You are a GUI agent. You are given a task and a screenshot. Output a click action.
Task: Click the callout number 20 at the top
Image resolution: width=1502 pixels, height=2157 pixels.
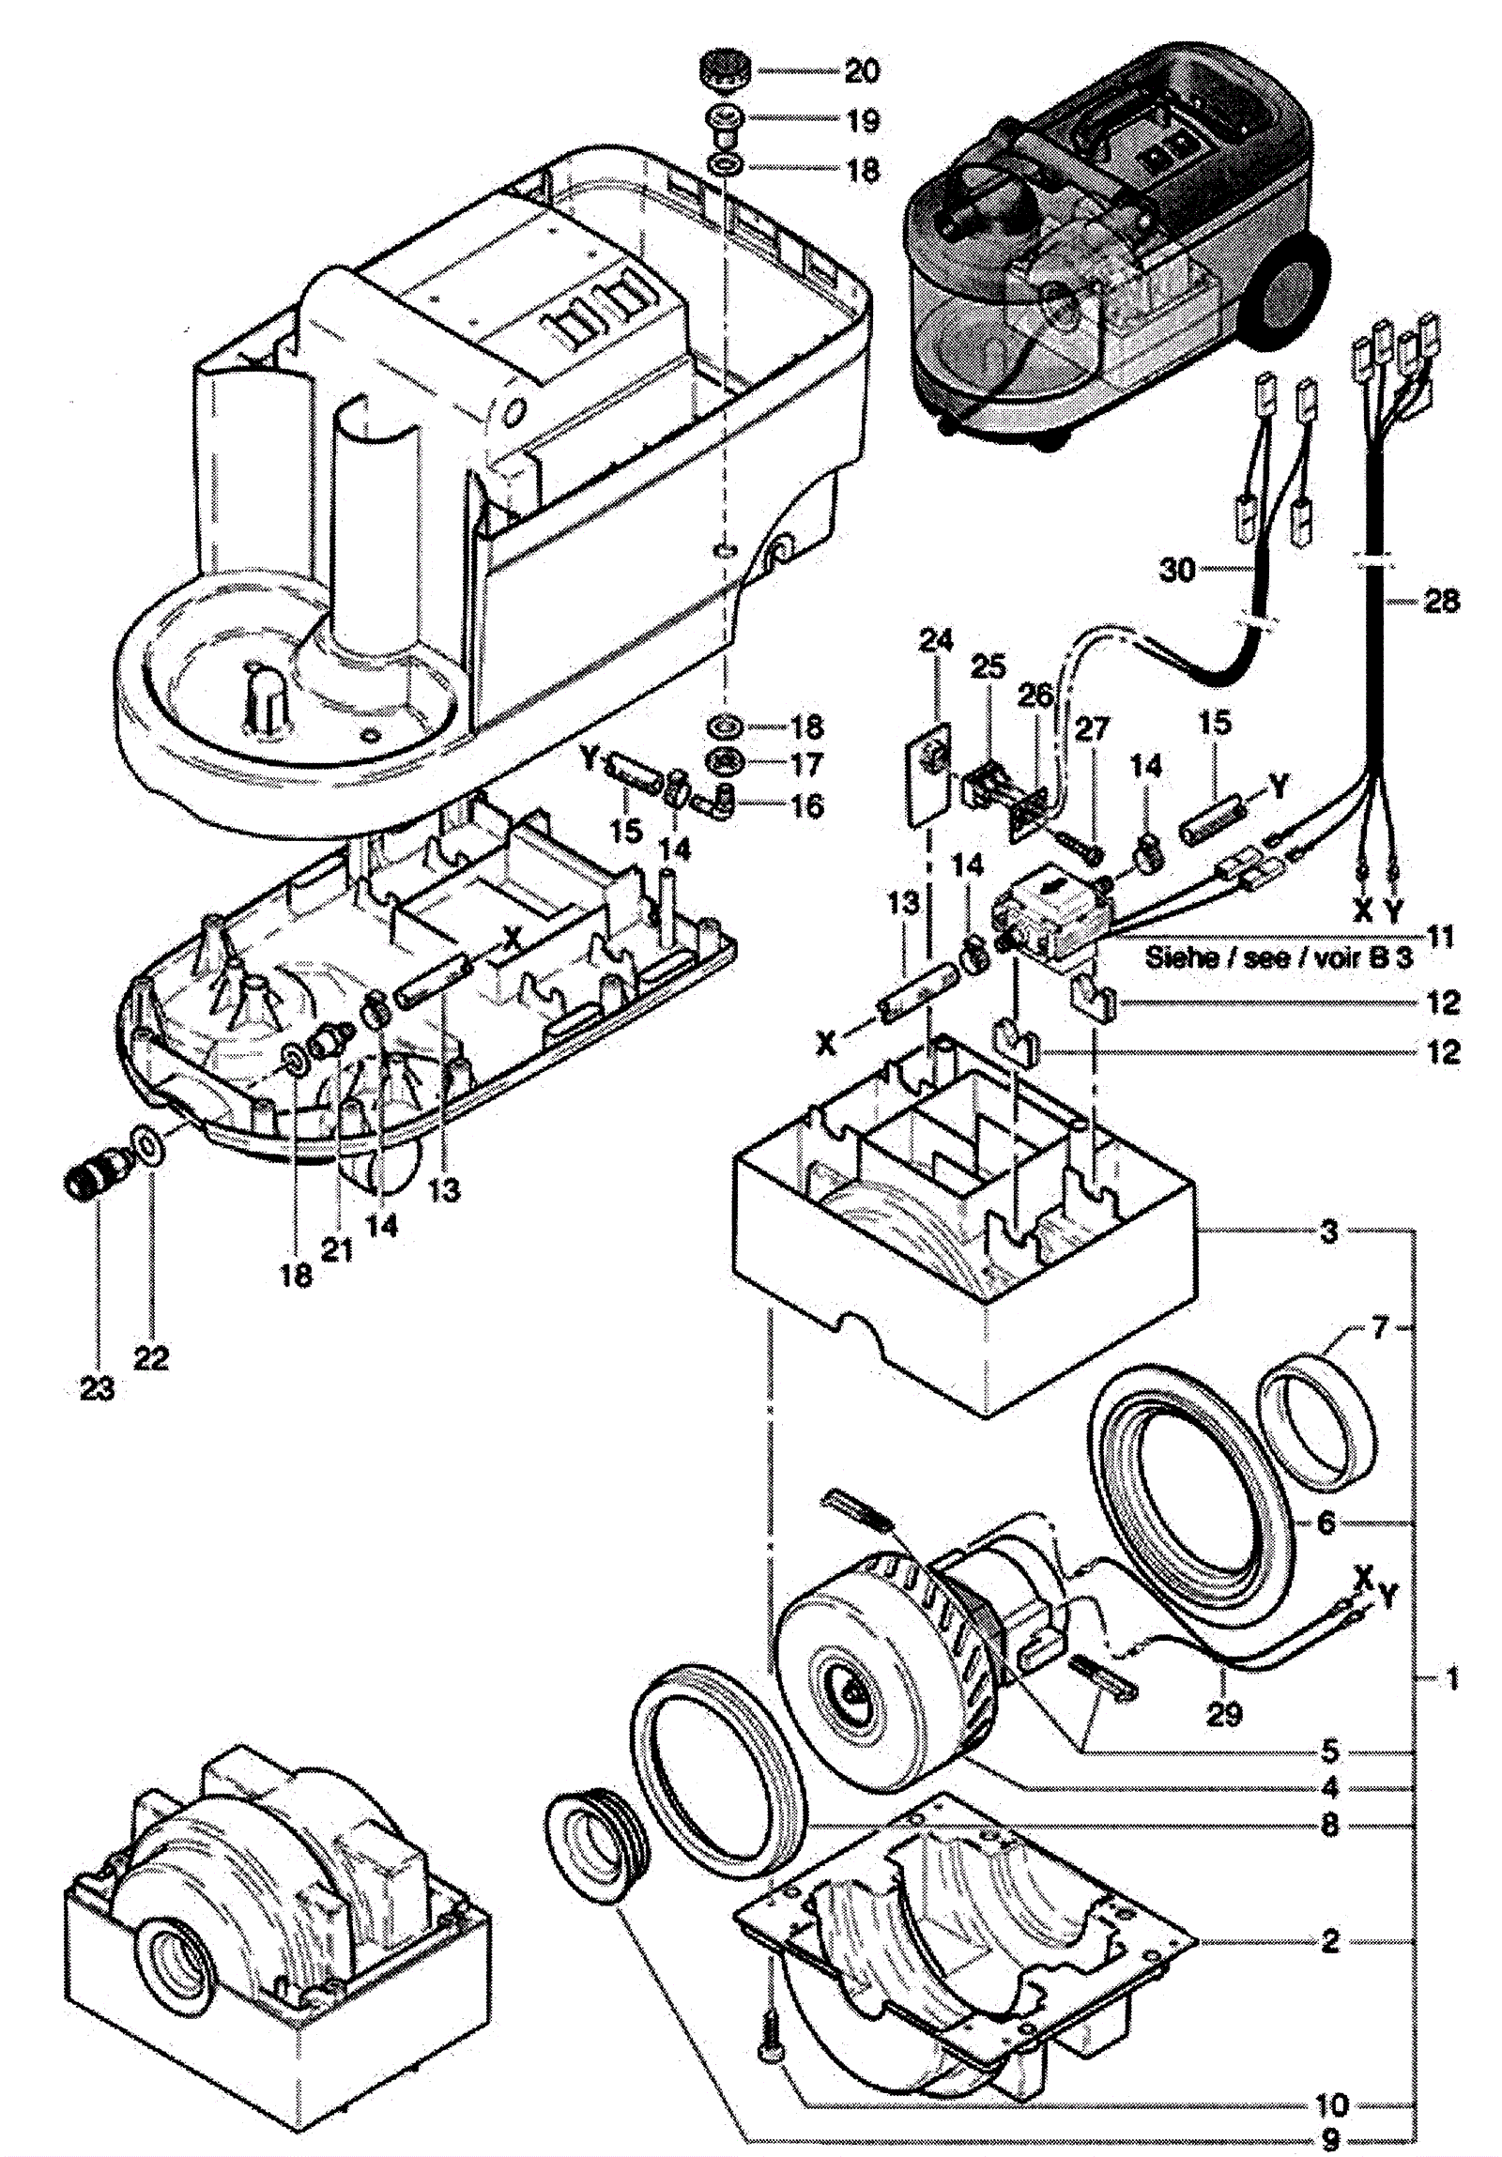862,71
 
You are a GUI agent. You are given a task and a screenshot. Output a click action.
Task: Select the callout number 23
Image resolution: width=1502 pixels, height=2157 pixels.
97,1388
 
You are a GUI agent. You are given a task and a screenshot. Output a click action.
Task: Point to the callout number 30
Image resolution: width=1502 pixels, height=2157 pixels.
1177,570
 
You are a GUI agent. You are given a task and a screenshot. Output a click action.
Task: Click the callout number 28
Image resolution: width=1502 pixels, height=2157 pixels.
1442,601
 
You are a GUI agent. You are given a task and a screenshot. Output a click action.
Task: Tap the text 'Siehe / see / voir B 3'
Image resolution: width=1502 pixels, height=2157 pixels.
1279,957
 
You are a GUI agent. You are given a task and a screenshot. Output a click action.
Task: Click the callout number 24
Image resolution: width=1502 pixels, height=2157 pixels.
936,641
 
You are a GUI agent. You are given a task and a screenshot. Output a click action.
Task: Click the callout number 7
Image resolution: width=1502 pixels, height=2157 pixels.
1379,1329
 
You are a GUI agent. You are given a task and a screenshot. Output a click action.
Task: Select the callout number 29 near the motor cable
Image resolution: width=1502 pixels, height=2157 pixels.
1224,1715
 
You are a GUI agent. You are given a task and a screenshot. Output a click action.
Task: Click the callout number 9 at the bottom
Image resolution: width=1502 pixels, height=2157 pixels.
1330,2139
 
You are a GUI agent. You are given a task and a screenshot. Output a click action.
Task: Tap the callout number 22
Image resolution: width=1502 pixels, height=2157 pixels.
151,1357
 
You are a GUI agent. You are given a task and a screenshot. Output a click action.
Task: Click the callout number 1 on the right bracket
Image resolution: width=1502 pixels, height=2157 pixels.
1450,1678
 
